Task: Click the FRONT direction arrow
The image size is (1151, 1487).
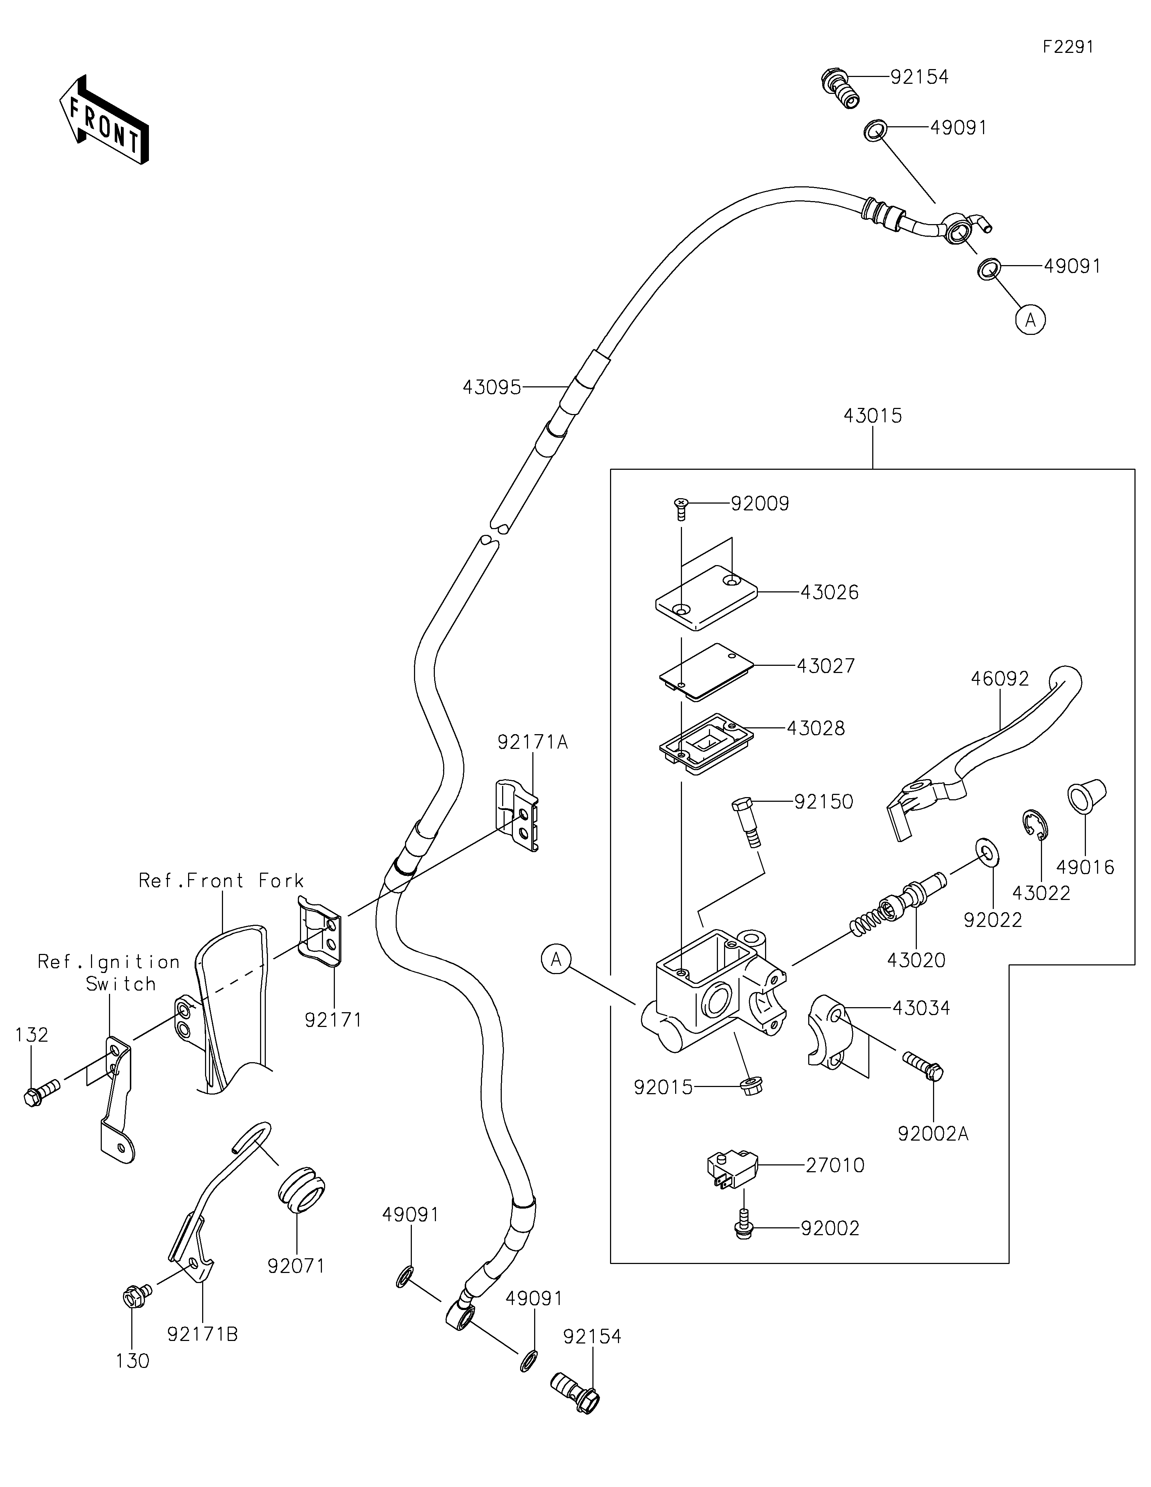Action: [x=104, y=119]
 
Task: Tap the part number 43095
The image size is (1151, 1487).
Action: [x=491, y=387]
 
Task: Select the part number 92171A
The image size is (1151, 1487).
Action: [x=532, y=742]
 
